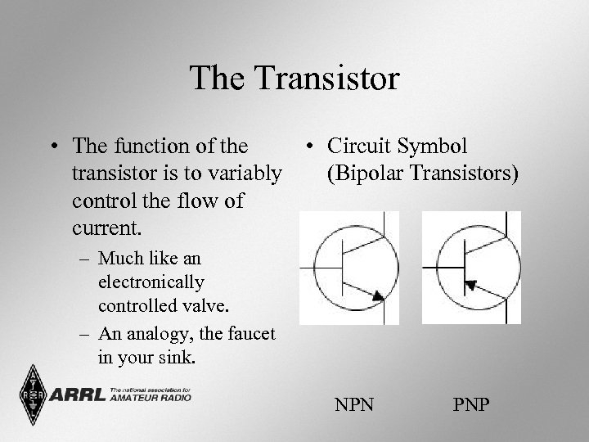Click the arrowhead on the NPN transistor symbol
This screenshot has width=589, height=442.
(x=377, y=296)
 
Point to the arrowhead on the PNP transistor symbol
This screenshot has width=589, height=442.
(x=470, y=285)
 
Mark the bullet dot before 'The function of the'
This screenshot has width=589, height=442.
(x=52, y=148)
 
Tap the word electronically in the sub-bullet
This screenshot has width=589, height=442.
(x=151, y=283)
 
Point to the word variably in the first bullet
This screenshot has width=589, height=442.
(x=244, y=174)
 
